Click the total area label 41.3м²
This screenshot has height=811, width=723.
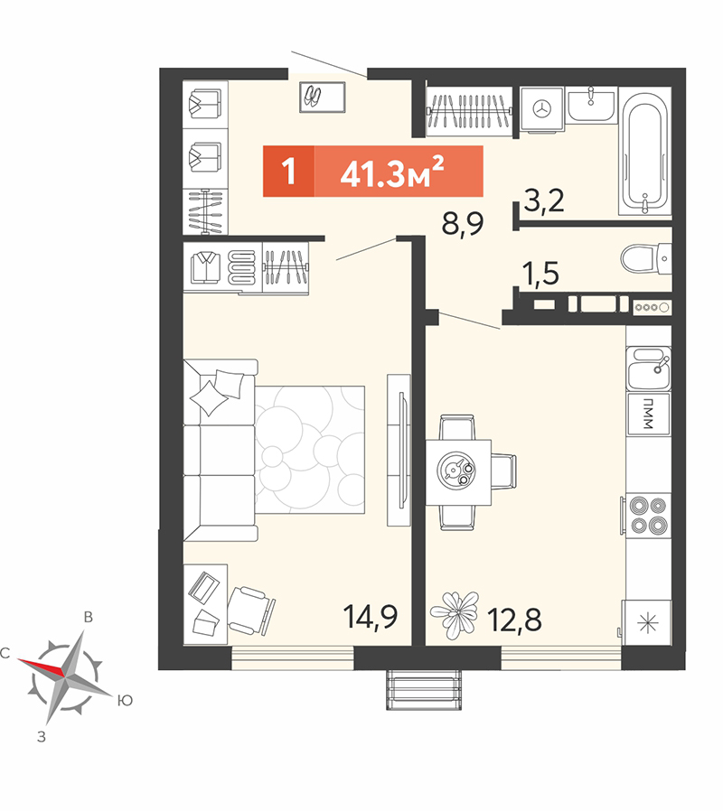coord(392,172)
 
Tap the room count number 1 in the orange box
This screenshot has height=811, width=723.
coord(288,171)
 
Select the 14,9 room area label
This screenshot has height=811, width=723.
coord(370,617)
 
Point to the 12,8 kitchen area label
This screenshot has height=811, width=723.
coord(514,620)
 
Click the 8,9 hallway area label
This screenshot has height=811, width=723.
coord(462,224)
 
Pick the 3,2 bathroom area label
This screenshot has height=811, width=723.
coord(543,200)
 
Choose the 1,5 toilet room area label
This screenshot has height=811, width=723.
coord(540,273)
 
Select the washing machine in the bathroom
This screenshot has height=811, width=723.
coord(541,108)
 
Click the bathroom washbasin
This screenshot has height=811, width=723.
coord(590,105)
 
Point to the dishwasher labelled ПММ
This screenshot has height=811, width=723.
coord(648,414)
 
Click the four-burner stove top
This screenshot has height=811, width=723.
coord(648,516)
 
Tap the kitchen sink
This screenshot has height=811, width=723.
coord(648,368)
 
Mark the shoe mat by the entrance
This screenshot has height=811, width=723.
coord(322,97)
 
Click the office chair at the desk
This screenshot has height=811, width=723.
coord(251,611)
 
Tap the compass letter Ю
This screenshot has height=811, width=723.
coord(125,701)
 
